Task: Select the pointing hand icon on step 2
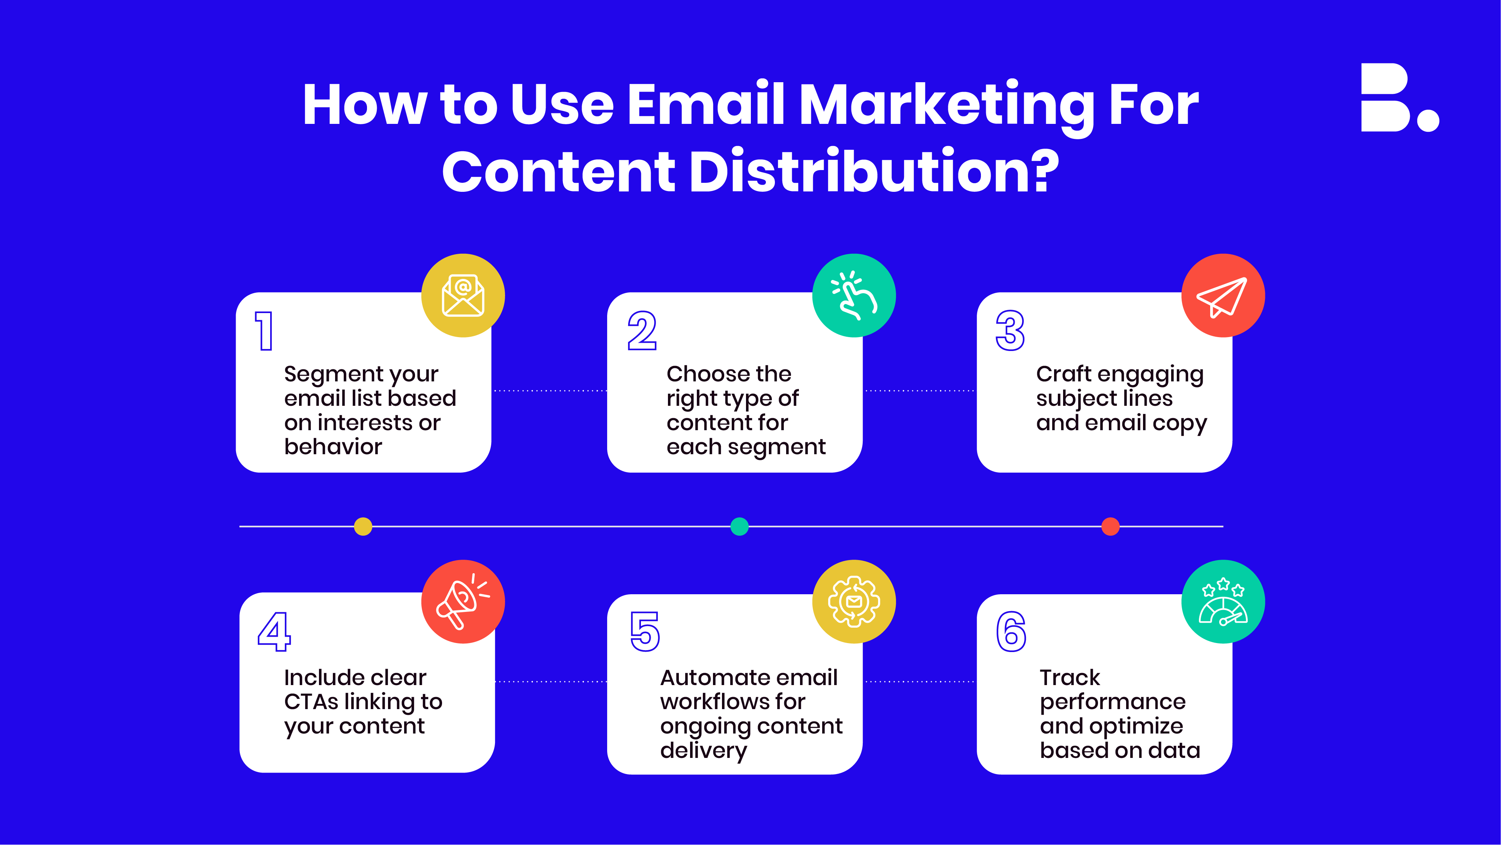coord(854,295)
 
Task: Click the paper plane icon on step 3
coord(1222,297)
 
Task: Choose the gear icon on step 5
coord(854,601)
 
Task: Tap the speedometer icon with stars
coord(1223,601)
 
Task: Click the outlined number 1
coord(264,331)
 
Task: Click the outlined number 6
coord(1011,632)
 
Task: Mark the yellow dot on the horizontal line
coord(363,526)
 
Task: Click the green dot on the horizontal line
coord(739,526)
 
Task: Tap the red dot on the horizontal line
coord(1111,526)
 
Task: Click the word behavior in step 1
coord(333,446)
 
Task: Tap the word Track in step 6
coord(1070,677)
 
